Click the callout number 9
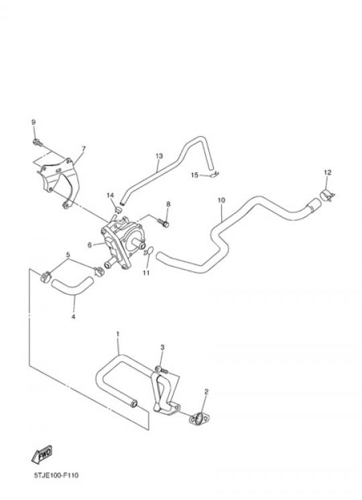34,122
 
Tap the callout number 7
83,148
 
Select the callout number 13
159,156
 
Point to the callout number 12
327,172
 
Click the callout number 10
222,200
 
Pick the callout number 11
146,273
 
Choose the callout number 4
73,317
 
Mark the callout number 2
206,391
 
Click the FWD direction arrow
42,454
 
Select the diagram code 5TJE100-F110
56,476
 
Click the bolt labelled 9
38,143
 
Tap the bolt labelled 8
164,222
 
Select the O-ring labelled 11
149,252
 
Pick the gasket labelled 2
199,419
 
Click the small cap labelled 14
118,209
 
